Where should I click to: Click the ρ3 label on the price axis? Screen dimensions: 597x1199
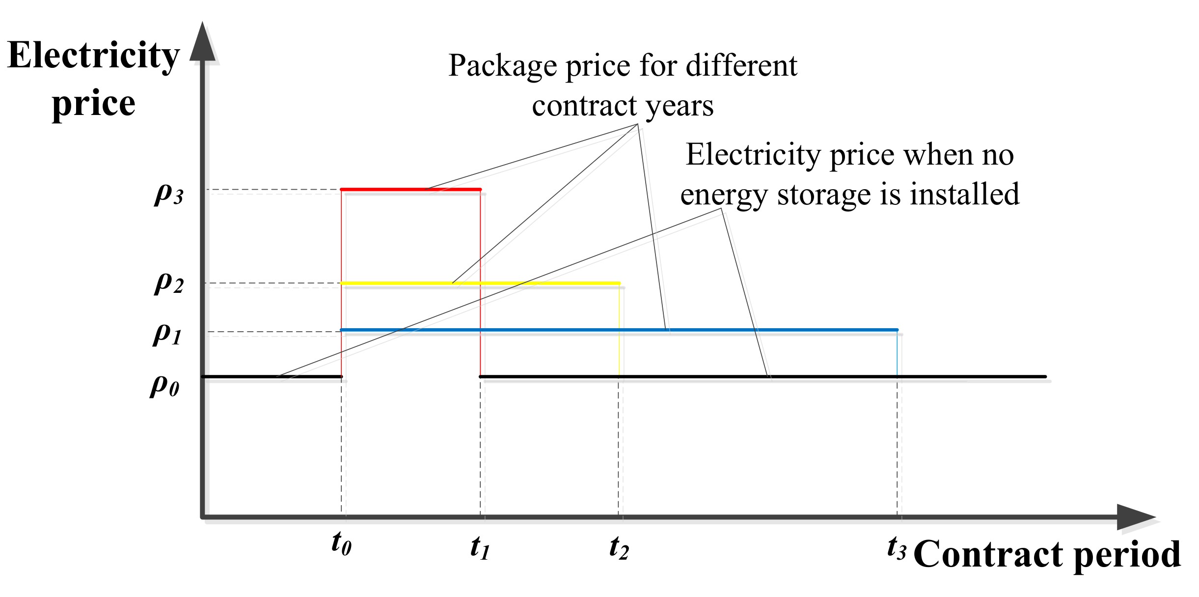tap(168, 194)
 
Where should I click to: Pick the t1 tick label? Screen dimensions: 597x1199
tap(480, 547)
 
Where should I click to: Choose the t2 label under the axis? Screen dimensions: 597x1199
tap(619, 547)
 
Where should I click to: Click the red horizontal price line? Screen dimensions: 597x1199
tap(410, 189)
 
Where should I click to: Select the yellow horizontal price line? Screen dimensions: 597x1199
tap(540, 283)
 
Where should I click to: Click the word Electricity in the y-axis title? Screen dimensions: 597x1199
tap(93, 56)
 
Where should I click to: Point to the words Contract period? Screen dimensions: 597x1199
tap(1047, 554)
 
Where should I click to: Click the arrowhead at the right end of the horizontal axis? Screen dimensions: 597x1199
tap(1134, 517)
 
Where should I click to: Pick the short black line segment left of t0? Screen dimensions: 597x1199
tap(272, 377)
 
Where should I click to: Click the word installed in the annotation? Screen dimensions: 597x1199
tap(964, 194)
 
